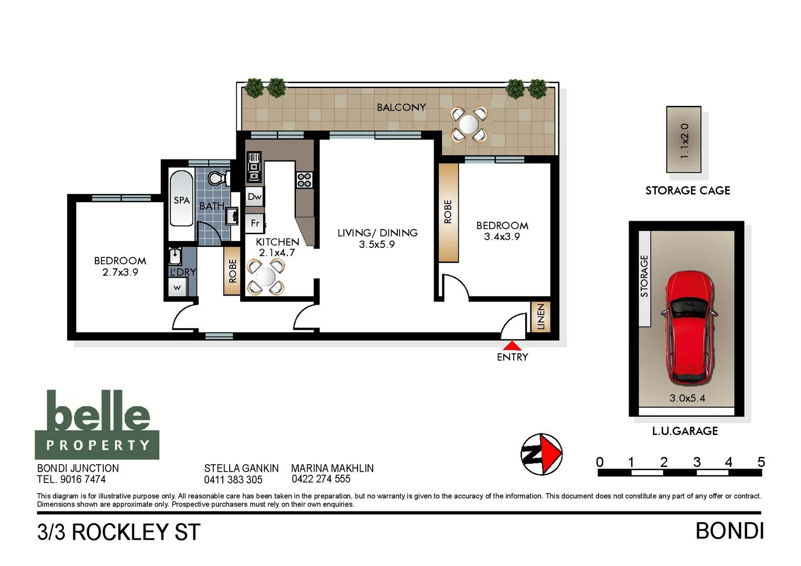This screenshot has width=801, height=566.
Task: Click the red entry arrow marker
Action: [x=512, y=346]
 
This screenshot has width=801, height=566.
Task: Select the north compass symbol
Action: [x=542, y=454]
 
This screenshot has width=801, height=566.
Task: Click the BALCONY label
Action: [x=401, y=107]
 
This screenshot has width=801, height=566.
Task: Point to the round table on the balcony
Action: [x=469, y=125]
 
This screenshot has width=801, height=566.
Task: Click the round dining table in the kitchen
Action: [x=266, y=277]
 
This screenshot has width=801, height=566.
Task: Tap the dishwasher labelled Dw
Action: [x=255, y=197]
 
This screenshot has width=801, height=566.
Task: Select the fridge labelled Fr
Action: [x=255, y=223]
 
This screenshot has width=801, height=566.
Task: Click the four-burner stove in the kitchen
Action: [x=305, y=180]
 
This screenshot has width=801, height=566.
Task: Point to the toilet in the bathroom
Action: [x=217, y=179]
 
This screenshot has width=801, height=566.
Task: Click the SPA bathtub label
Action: [x=181, y=200]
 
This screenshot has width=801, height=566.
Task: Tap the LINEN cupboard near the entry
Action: [x=540, y=317]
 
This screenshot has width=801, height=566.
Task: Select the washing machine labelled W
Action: [x=177, y=288]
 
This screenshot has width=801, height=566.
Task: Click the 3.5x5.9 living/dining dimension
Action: [x=377, y=245]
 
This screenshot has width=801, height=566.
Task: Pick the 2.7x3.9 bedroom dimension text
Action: [x=120, y=273]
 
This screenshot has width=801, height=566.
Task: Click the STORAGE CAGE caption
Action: [x=687, y=191]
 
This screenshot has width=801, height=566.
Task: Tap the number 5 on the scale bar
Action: [x=761, y=462]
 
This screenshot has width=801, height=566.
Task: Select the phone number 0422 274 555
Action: [x=321, y=479]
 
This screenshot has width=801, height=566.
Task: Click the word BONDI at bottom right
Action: [x=729, y=531]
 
